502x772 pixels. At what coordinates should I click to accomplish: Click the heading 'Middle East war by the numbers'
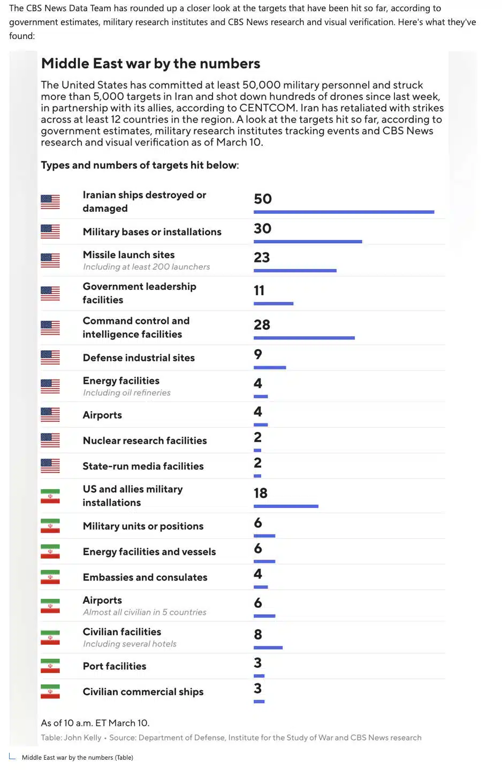150,64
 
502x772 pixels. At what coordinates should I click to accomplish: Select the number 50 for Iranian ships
263,199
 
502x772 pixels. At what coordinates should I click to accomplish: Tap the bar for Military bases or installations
308,242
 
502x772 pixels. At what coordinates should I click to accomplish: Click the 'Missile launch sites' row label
128,255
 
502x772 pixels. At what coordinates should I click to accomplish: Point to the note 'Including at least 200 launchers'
146,267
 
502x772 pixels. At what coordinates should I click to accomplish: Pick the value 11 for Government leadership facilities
259,290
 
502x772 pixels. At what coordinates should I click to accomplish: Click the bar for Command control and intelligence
304,338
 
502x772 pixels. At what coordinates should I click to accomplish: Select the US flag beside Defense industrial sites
50,357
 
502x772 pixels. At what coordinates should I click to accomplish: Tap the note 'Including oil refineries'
126,392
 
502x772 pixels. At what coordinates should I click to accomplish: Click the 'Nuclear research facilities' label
144,441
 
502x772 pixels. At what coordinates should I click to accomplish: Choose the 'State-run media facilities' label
143,466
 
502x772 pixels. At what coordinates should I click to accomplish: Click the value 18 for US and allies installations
261,493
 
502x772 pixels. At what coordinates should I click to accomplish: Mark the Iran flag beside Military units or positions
50,526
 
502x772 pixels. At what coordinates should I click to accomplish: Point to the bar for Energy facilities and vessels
264,561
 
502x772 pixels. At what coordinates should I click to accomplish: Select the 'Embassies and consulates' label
144,577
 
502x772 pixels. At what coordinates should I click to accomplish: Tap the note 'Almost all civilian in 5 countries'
144,612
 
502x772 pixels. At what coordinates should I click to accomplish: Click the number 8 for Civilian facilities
258,635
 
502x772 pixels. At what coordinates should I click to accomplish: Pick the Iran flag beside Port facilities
50,666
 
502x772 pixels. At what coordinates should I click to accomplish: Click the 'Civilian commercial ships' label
143,692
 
